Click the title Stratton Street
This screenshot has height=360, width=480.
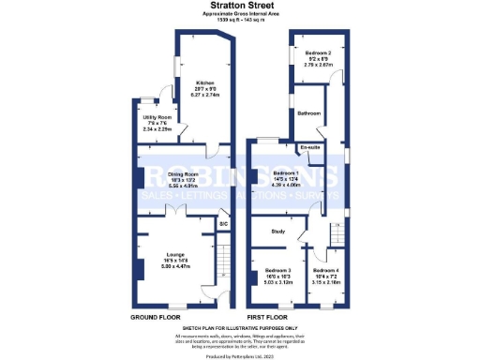(x=240, y=6)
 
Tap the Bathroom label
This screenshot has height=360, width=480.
(x=310, y=112)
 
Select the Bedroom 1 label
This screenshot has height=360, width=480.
(x=287, y=173)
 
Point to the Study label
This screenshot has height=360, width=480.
(x=277, y=231)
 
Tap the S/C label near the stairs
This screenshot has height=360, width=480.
(x=223, y=225)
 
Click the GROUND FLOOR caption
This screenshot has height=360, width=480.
(x=156, y=317)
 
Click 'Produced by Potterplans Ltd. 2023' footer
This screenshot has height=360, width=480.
(x=240, y=355)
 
